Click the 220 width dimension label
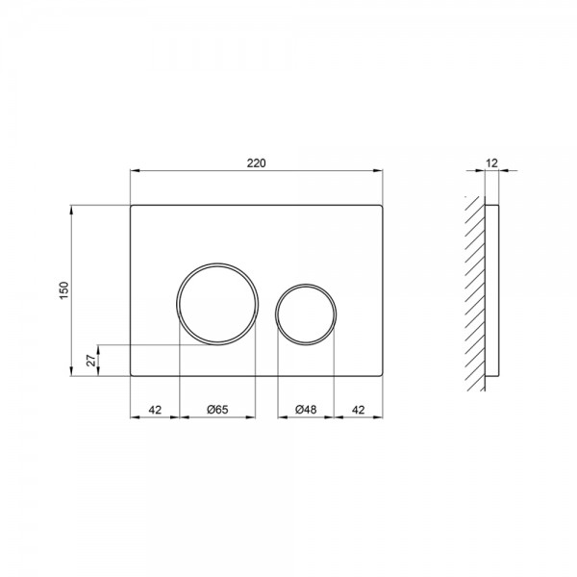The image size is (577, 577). pyautogui.click(x=255, y=164)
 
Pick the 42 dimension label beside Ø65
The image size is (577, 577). pyautogui.click(x=154, y=410)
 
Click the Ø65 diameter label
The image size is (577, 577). pyautogui.click(x=217, y=410)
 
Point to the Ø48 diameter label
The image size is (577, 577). pyautogui.click(x=306, y=410)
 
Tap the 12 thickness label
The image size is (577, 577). pyautogui.click(x=492, y=164)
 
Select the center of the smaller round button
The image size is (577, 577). pyautogui.click(x=306, y=311)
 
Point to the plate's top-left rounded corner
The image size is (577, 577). pyautogui.click(x=132, y=207)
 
